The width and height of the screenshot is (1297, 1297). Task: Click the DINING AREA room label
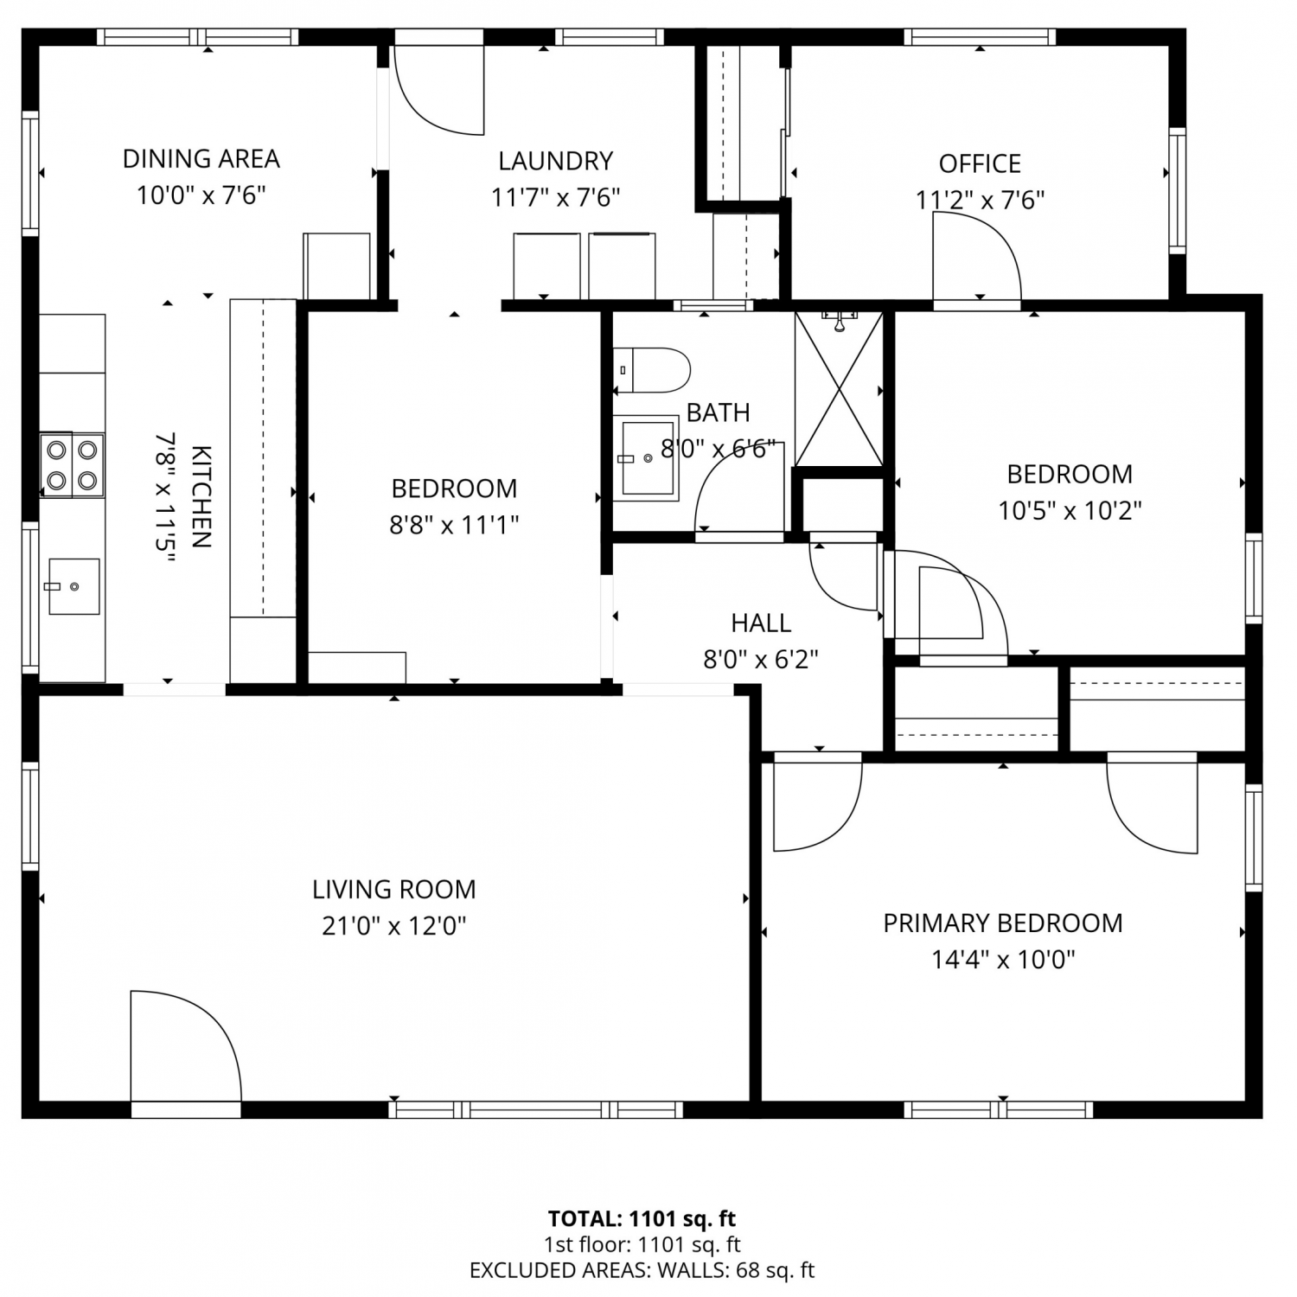(201, 159)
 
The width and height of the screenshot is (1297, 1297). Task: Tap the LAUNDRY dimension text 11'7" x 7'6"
(556, 198)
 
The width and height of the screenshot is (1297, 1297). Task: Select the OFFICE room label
(980, 163)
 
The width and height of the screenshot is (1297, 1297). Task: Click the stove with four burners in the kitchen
(72, 465)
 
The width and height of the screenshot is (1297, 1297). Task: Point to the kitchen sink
(73, 586)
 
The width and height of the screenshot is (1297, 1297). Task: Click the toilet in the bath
(651, 369)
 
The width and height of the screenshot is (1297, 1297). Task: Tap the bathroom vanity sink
(646, 458)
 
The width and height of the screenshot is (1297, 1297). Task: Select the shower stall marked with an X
(839, 389)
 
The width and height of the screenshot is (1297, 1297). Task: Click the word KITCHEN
(201, 497)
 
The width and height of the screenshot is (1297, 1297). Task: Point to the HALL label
(761, 623)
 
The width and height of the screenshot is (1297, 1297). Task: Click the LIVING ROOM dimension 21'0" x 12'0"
(394, 926)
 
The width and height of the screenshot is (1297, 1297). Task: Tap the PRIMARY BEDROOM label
(1003, 923)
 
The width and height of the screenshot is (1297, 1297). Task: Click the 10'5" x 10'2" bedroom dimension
(1070, 511)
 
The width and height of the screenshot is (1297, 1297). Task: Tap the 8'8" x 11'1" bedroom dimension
(454, 525)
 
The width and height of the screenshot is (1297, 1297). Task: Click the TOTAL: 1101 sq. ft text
(642, 1219)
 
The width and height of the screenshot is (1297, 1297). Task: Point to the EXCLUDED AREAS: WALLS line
(642, 1270)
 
